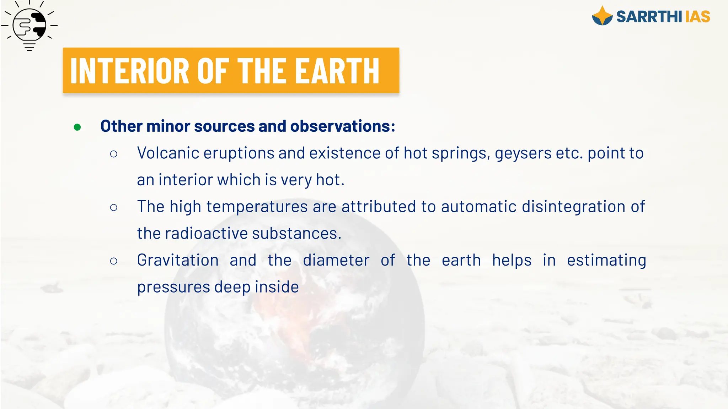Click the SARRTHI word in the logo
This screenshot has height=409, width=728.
tap(649, 17)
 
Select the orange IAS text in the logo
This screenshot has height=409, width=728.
tap(697, 17)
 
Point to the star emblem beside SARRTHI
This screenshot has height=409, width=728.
tap(602, 16)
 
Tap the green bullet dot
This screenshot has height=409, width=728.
tap(77, 127)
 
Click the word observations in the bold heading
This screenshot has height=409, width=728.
tap(343, 126)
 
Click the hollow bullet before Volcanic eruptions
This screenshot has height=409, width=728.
tap(114, 154)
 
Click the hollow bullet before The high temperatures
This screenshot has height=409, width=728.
tap(114, 208)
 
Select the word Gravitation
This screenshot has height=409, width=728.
tap(178, 260)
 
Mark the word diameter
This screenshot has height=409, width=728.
tap(336, 260)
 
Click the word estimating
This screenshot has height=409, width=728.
tap(606, 260)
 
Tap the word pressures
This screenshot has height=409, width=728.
tap(173, 287)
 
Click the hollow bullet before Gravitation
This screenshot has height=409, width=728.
tap(114, 261)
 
